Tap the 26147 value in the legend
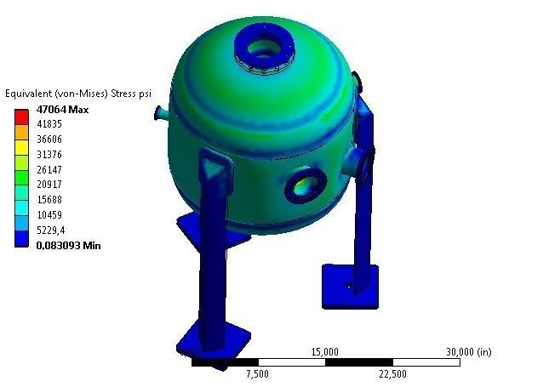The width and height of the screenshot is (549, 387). [49, 169]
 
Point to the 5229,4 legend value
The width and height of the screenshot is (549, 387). [50, 230]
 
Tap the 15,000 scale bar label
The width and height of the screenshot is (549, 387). [325, 351]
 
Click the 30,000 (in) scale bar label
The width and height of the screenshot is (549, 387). [468, 351]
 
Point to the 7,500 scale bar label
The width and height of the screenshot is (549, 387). [257, 373]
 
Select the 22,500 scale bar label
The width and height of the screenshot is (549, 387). [392, 373]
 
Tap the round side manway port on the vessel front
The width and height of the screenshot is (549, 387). [302, 185]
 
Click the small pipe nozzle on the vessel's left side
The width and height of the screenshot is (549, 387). [162, 112]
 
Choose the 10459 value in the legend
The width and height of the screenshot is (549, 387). [49, 214]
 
